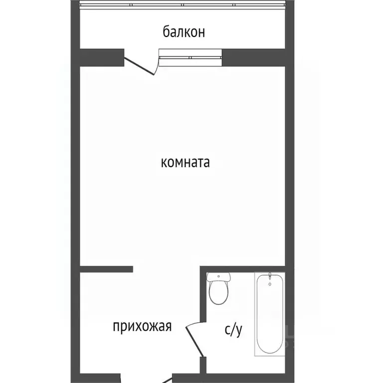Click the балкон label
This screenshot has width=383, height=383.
pyautogui.click(x=184, y=32)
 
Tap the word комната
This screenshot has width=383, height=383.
pyautogui.click(x=186, y=163)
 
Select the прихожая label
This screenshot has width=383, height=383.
pyautogui.click(x=142, y=327)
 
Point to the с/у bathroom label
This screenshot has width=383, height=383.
pyautogui.click(x=233, y=330)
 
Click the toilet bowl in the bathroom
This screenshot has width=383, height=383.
pyautogui.click(x=218, y=293)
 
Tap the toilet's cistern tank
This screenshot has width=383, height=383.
pyautogui.click(x=218, y=277)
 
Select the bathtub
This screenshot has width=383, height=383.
pyautogui.click(x=270, y=314)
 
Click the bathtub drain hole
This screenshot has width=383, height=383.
pyautogui.click(x=270, y=284)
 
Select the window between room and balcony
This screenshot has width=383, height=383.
pyautogui.click(x=190, y=58)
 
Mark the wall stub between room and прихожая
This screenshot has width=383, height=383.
pyautogui.click(x=106, y=269)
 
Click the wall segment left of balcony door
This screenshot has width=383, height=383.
pyautogui.click(x=102, y=57)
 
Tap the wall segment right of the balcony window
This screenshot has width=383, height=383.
pyautogui.click(x=253, y=57)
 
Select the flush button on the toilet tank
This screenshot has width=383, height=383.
pyautogui.click(x=218, y=276)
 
